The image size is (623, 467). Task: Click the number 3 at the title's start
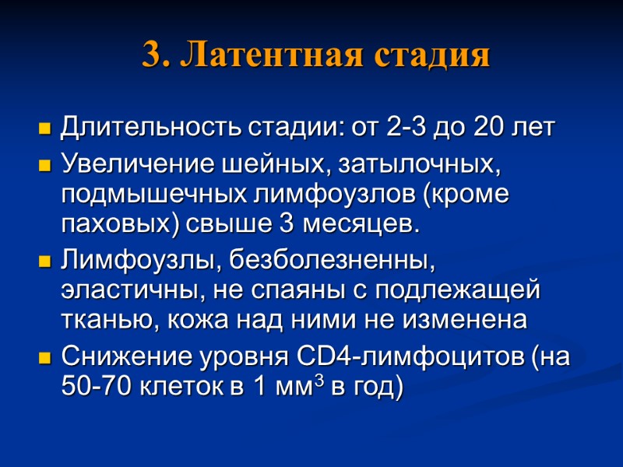(153, 56)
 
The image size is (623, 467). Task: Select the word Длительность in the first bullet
(152, 127)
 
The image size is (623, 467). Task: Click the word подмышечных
(146, 195)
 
